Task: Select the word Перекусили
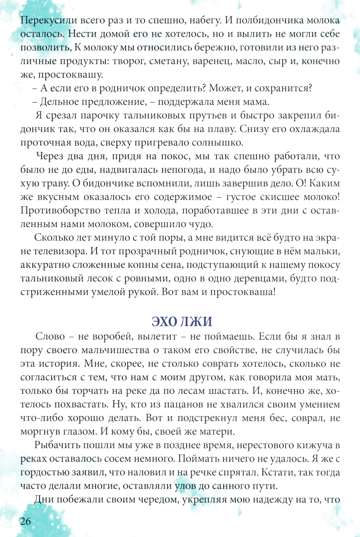[49, 20]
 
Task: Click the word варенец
[212, 61]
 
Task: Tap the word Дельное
[60, 101]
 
